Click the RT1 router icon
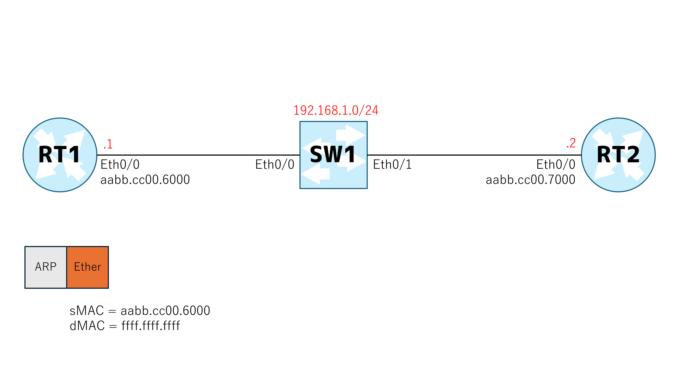(x=60, y=155)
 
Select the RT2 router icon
(x=618, y=155)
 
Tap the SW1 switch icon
(x=333, y=155)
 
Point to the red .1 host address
(x=108, y=144)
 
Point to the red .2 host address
(x=571, y=143)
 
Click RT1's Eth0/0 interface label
(x=120, y=165)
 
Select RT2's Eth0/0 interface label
(x=556, y=165)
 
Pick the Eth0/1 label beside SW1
(x=392, y=165)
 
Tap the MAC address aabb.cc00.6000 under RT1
(x=145, y=180)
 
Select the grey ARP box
(x=46, y=267)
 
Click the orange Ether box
(x=88, y=267)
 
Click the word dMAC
(x=87, y=326)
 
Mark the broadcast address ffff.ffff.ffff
(x=151, y=326)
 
